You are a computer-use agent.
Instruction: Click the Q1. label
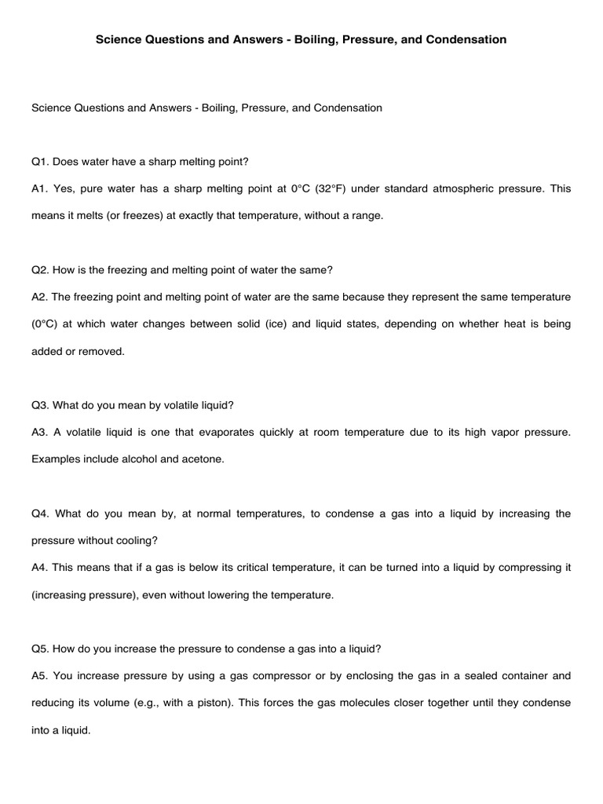click(40, 162)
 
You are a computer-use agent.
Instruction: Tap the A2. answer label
click(40, 297)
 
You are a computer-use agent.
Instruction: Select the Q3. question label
click(40, 405)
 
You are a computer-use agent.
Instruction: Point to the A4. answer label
click(40, 568)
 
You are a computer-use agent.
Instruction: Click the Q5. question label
click(40, 649)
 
